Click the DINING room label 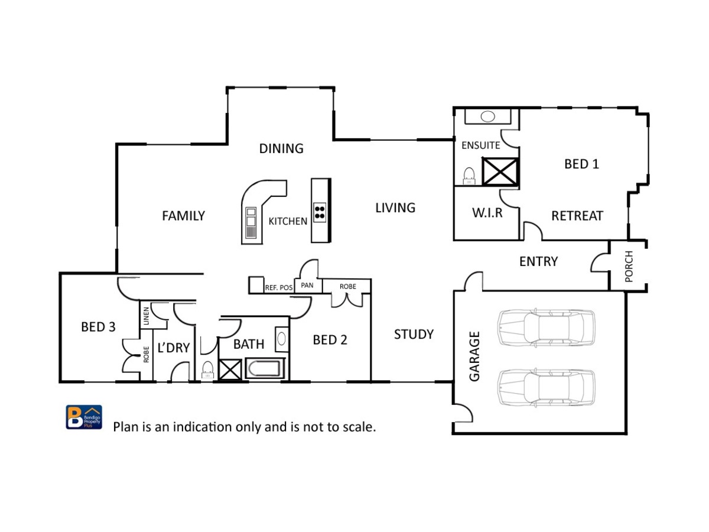point(281,148)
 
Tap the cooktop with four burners point(320,212)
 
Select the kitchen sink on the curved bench point(251,223)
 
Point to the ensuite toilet point(469,176)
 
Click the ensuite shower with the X point(500,171)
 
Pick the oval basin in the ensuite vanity point(487,116)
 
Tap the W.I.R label point(487,213)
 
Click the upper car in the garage point(546,327)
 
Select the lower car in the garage point(546,387)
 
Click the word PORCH point(629,266)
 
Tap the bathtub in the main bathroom point(265,368)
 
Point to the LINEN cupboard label point(146,316)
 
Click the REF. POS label point(278,287)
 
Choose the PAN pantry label point(307,286)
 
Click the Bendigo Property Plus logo point(84,417)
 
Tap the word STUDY point(414,335)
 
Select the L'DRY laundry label point(174,348)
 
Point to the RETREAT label point(577,216)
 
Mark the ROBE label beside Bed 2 point(347,287)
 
